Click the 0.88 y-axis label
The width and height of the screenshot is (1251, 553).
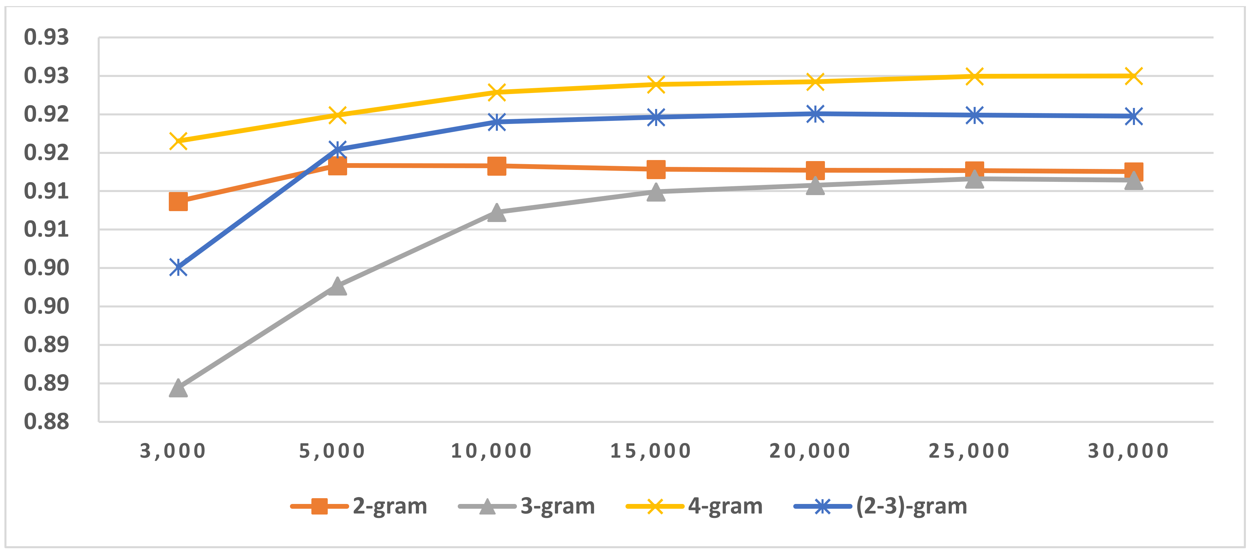pyautogui.click(x=46, y=421)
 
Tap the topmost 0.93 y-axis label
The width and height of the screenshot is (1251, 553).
pyautogui.click(x=46, y=37)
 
